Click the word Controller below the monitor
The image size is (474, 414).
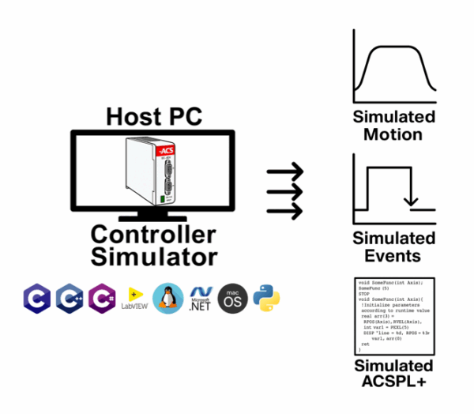(x=152, y=235)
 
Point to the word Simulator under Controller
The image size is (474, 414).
(x=153, y=257)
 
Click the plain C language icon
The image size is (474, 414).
(x=36, y=297)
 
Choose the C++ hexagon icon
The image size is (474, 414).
(x=70, y=297)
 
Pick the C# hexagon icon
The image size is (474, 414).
(x=103, y=297)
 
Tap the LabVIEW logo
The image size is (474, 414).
(x=135, y=299)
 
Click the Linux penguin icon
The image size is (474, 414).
(x=167, y=298)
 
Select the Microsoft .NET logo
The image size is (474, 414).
(x=201, y=298)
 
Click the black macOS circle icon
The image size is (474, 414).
(x=233, y=298)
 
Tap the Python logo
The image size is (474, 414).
(x=266, y=298)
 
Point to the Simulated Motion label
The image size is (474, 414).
(x=393, y=126)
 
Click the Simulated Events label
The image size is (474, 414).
(x=393, y=247)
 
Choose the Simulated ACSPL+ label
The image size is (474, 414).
(x=393, y=374)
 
